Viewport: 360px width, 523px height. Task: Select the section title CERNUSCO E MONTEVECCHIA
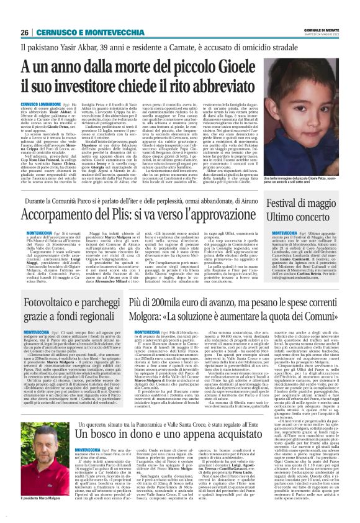[x=81, y=32]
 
